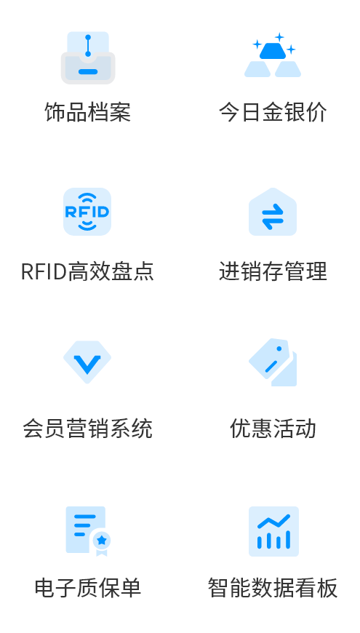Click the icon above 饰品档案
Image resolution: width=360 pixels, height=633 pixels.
[87, 57]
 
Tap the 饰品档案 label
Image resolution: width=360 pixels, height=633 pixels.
[87, 113]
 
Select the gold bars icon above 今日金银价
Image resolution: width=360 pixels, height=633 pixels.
[273, 59]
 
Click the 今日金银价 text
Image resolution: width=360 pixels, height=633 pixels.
[273, 113]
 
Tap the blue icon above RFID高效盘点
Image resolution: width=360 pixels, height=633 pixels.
[87, 212]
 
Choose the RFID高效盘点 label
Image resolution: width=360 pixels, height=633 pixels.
[87, 271]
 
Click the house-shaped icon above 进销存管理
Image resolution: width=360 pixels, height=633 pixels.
[273, 212]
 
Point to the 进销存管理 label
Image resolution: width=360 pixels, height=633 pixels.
[273, 271]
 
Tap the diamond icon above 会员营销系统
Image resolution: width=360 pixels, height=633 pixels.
[87, 361]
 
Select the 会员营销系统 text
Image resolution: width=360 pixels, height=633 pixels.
[87, 429]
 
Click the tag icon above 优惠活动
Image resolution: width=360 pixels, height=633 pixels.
[273, 362]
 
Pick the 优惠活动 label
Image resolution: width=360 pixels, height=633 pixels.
[273, 429]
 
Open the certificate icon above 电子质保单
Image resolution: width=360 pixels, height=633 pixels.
[87, 530]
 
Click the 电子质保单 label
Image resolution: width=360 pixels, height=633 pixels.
[87, 588]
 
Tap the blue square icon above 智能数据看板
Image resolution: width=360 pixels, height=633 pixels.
[273, 531]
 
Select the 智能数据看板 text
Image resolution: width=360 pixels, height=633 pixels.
[273, 588]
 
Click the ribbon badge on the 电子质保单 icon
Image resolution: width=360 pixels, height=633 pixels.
[102, 541]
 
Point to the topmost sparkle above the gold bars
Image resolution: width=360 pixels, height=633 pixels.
[279, 36]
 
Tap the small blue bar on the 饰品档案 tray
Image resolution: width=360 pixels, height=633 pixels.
[88, 72]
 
